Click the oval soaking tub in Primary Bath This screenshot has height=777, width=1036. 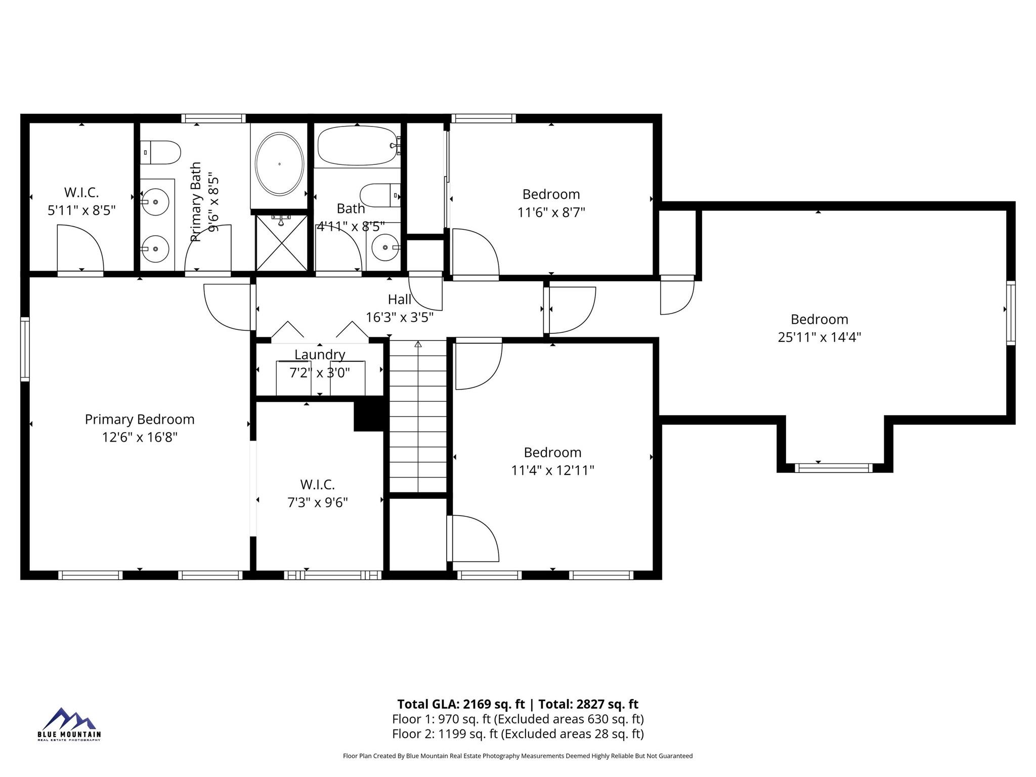(279, 164)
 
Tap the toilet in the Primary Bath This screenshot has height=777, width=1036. (160, 152)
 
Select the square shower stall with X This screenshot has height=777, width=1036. (281, 243)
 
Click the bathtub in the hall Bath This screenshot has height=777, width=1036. (358, 146)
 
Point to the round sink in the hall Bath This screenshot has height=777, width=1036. (386, 247)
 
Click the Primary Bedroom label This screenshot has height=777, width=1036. (140, 419)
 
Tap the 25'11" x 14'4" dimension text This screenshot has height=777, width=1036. (819, 337)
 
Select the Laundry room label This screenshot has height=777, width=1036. (320, 355)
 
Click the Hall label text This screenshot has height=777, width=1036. (400, 299)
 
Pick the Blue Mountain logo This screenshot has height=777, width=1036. (69, 724)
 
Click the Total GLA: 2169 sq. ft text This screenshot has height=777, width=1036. (461, 704)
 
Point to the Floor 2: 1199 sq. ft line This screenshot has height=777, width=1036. (518, 733)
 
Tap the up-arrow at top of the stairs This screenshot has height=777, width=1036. (418, 344)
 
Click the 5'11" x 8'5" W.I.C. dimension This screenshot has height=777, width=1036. (81, 210)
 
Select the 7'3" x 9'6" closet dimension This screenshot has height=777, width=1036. (318, 503)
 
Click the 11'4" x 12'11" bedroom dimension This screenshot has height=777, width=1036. (552, 470)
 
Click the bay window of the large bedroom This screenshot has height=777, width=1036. (834, 468)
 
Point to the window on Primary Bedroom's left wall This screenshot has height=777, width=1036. (25, 349)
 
